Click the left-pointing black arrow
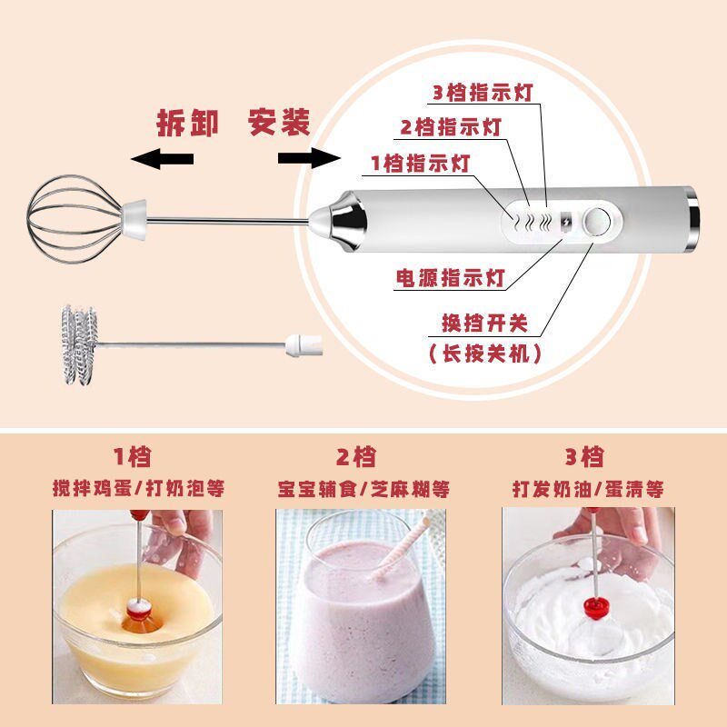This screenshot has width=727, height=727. point(163,158)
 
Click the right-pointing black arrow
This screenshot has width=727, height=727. point(309,158)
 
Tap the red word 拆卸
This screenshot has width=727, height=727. point(188,123)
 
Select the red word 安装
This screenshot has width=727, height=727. point(279,122)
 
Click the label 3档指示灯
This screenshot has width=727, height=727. point(483,93)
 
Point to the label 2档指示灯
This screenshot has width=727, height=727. point(451,127)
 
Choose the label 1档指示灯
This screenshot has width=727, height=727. point(420,164)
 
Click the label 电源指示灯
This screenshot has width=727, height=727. point(450,278)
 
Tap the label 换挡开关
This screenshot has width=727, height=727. point(484,324)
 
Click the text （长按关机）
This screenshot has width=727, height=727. point(485,354)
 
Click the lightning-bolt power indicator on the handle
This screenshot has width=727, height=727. point(566,222)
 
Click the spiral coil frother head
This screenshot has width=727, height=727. point(79,344)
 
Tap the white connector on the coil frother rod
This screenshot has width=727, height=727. point(304,345)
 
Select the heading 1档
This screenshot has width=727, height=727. point(133,457)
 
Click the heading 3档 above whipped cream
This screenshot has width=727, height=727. point(584,457)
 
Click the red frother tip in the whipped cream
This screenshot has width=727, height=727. point(596,608)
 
